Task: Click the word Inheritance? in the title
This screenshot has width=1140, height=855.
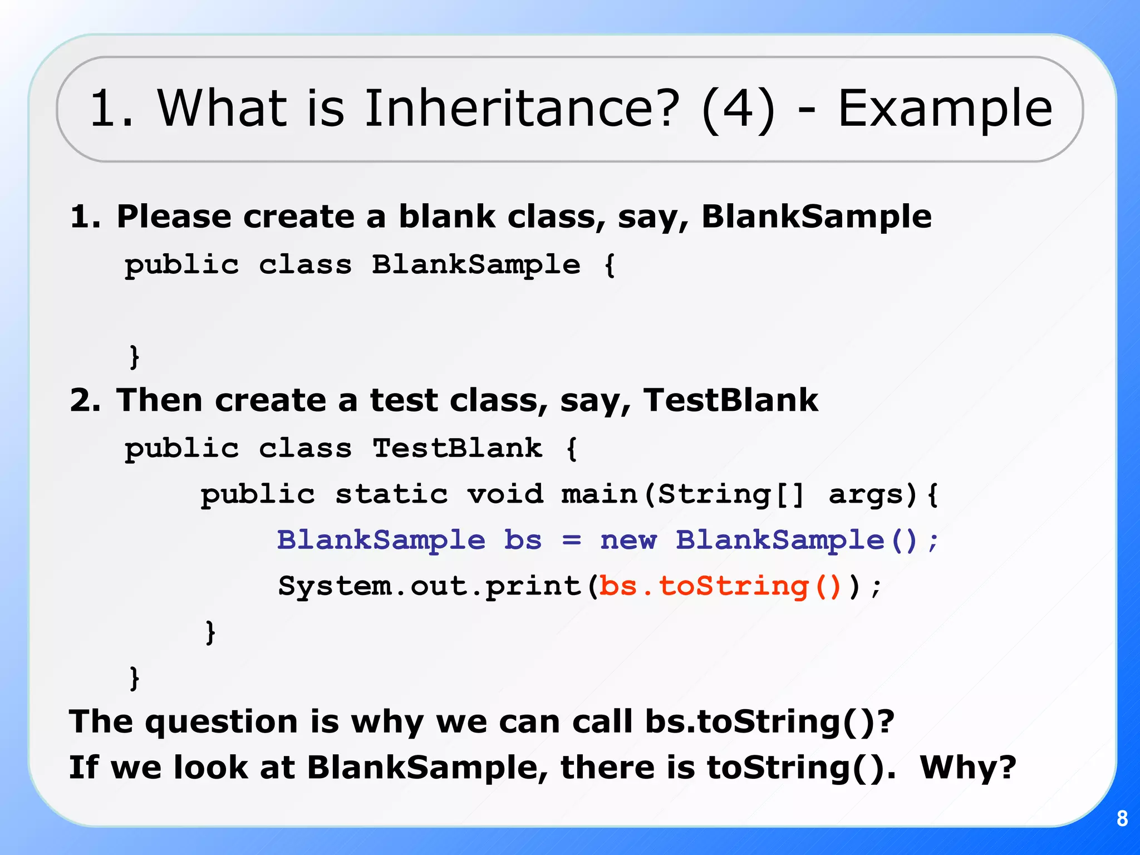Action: [522, 109]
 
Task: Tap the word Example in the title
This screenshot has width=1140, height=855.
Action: [945, 109]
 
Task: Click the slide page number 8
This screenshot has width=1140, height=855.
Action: [1122, 819]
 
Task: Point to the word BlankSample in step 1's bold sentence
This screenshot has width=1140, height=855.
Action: [816, 217]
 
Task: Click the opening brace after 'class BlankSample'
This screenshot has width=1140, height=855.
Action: [610, 264]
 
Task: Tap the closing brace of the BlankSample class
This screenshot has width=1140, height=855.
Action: [134, 357]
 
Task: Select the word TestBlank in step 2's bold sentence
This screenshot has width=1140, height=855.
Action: [730, 400]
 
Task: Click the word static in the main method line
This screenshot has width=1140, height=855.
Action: [391, 494]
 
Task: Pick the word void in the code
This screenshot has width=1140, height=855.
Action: [505, 494]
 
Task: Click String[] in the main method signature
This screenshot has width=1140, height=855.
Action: [731, 494]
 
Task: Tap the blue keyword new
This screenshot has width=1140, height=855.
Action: [628, 540]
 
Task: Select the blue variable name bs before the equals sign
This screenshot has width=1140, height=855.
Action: [523, 540]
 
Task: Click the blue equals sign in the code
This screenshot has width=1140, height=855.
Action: [572, 540]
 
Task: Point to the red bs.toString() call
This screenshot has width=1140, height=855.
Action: [721, 586]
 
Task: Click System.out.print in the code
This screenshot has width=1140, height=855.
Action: [430, 586]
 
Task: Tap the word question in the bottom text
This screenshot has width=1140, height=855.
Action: [222, 722]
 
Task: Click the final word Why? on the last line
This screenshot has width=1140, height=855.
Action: [968, 768]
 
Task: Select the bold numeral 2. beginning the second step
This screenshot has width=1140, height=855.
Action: [85, 400]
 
